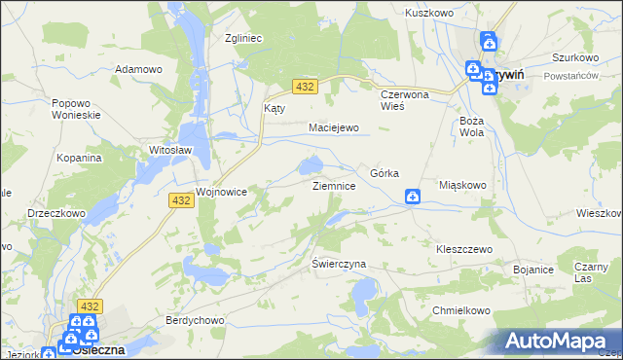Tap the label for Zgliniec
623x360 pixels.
click(x=243, y=39)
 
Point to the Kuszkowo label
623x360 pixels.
click(x=430, y=14)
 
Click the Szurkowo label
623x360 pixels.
click(x=574, y=57)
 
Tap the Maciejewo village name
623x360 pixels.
click(x=334, y=127)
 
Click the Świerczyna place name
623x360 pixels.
click(x=338, y=264)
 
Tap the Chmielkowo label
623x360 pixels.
click(x=458, y=310)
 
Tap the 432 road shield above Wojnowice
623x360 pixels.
click(x=179, y=199)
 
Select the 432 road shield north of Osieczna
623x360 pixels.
click(x=91, y=305)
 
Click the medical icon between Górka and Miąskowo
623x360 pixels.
click(x=413, y=198)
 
